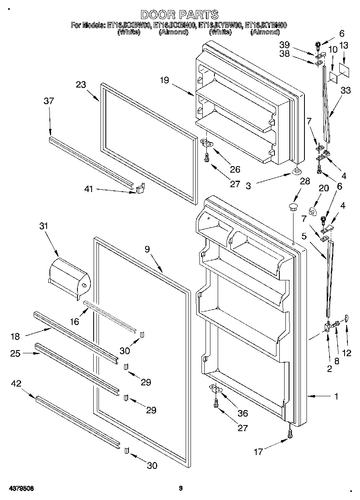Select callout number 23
coord(81,85)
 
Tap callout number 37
coord(49,101)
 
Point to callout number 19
coord(164,80)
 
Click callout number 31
coord(43,226)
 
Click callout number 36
coord(243,413)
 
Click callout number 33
coord(346,91)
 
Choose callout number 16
coord(75,322)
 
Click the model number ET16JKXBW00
coord(129,26)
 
